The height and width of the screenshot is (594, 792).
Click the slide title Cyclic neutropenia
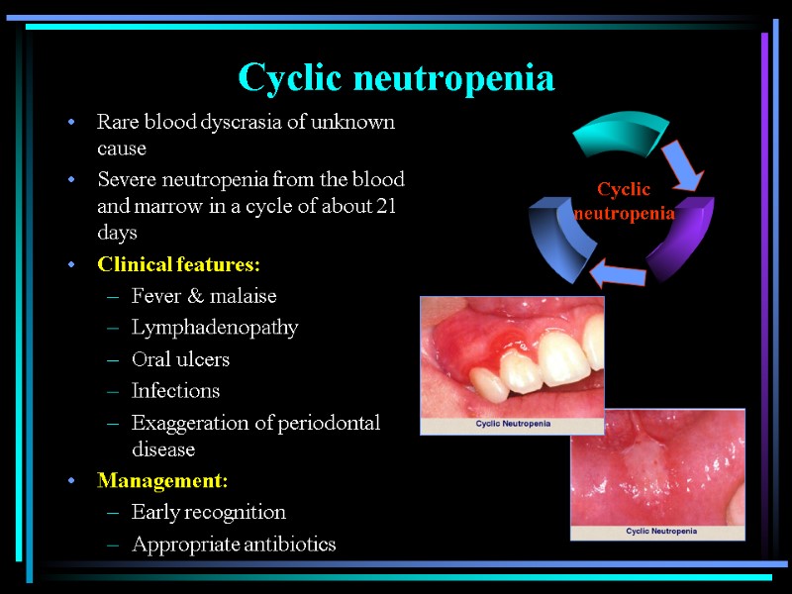(x=396, y=77)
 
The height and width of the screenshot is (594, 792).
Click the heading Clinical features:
(x=178, y=264)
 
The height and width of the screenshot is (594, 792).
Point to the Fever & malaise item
(x=204, y=296)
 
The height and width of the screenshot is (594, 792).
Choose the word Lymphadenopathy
(x=215, y=328)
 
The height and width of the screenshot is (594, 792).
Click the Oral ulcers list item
(x=180, y=359)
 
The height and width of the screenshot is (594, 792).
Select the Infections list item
(x=176, y=391)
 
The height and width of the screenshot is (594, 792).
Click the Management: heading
(x=162, y=481)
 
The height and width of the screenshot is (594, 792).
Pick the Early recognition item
(x=209, y=512)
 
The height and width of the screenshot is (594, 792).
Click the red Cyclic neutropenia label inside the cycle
(x=625, y=201)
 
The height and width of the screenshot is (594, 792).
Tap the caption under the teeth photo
(x=513, y=424)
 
